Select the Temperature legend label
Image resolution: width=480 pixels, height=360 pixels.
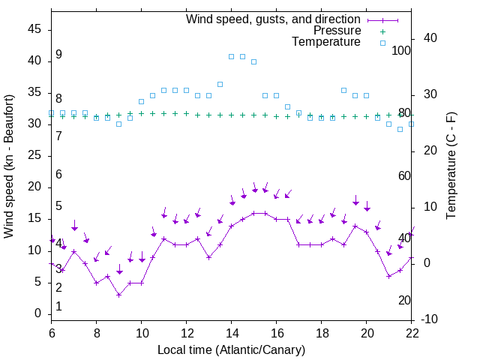(326, 43)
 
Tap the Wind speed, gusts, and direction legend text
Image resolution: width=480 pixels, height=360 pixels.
(273, 19)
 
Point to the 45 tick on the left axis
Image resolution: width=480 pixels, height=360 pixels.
(34, 29)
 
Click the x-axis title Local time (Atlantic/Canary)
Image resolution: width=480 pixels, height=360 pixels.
(231, 349)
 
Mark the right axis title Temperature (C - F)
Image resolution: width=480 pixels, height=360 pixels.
(451, 165)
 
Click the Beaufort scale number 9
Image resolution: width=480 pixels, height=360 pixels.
(58, 55)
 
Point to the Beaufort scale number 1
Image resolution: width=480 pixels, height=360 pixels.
(58, 307)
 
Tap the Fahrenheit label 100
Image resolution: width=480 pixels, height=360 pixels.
(401, 50)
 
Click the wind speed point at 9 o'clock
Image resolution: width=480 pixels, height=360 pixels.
(119, 295)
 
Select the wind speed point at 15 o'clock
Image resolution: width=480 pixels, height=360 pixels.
(254, 213)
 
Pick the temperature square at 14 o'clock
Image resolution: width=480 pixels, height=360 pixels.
(232, 56)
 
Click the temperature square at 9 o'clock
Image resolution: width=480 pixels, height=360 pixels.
(119, 124)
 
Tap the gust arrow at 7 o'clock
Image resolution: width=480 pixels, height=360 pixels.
(74, 228)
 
